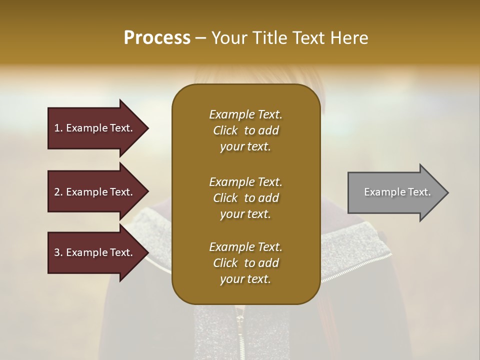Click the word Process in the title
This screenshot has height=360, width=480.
(x=157, y=38)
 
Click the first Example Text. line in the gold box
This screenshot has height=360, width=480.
(x=245, y=114)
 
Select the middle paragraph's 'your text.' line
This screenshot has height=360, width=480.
(x=245, y=214)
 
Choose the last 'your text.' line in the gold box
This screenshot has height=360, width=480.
(x=245, y=279)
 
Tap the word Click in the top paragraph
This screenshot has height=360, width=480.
(x=225, y=130)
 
